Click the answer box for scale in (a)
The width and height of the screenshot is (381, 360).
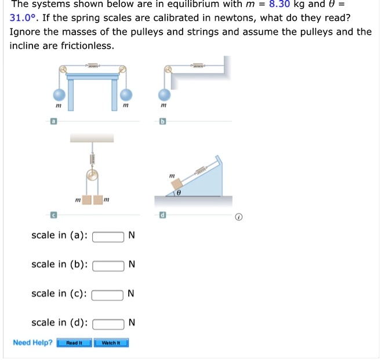pos(108,236)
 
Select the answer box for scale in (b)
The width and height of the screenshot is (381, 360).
pos(108,265)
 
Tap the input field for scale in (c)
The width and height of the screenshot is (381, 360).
pos(108,294)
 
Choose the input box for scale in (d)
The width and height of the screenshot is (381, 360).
pos(108,323)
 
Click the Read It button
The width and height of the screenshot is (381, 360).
pos(74,343)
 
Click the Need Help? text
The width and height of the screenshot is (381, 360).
pos(32,343)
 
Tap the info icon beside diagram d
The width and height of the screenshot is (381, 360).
pos(238,218)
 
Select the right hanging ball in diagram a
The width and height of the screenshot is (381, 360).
pos(126,94)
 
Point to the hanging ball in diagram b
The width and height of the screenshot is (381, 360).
pos(165,94)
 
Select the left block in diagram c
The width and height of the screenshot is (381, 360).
pos(86,200)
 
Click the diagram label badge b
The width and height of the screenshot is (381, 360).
pos(163,122)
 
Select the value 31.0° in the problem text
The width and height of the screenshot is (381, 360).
pos(23,17)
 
